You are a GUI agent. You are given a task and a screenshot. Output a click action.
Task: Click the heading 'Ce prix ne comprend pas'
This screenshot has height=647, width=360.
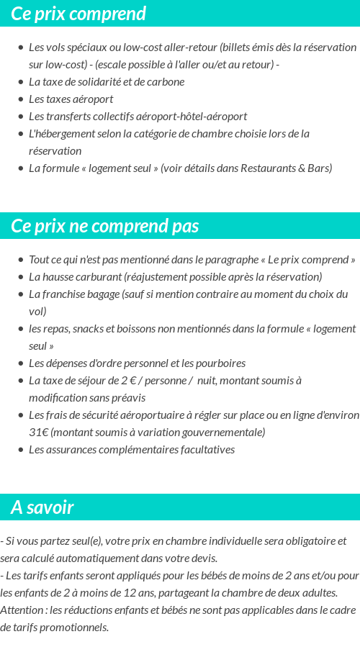[105, 226]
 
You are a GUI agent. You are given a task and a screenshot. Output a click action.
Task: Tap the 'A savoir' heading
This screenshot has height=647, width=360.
[42, 507]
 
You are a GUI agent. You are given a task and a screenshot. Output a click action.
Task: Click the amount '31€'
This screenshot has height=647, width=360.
[38, 432]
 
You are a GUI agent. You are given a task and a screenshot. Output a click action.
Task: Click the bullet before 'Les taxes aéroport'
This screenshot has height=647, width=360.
[21, 99]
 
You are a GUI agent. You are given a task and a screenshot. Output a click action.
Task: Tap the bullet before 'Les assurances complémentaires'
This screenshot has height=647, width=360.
[21, 450]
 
